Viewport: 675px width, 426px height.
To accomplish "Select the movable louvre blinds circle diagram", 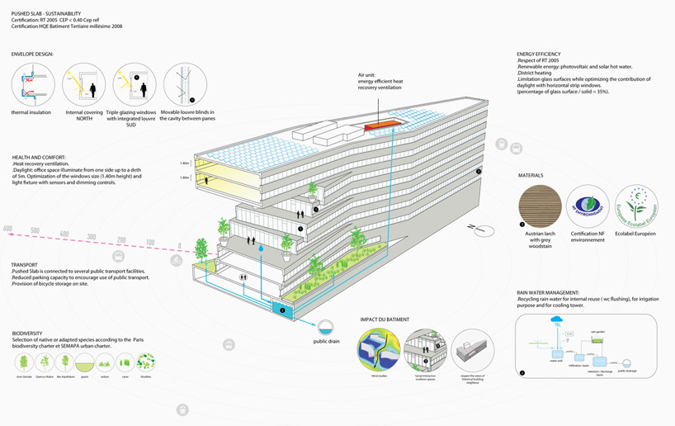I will click(185, 84).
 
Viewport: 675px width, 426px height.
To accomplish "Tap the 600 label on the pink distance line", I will click(7, 228).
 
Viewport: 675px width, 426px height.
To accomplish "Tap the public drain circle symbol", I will click(328, 326).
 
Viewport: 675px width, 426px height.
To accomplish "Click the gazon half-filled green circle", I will click(83, 362).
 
